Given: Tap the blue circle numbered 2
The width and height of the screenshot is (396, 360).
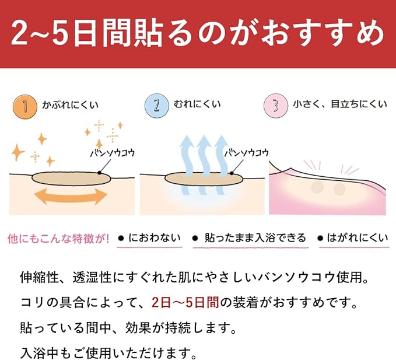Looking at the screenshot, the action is tap(156, 106).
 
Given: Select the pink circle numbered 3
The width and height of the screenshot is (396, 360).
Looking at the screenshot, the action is tap(276, 106).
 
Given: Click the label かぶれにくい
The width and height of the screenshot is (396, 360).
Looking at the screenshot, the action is tap(70, 105).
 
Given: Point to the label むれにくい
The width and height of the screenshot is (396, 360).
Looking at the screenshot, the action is tap(197, 104).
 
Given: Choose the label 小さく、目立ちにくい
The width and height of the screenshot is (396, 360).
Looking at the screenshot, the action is tap(340, 104).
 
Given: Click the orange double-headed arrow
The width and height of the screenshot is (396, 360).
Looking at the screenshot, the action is tap(71, 196).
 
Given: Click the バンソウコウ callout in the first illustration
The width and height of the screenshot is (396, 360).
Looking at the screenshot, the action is tap(113, 153).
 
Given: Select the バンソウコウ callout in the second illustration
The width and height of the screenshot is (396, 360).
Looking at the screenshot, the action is tap(247, 153).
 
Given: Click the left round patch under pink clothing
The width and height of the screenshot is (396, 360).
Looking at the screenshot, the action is tap(317, 188).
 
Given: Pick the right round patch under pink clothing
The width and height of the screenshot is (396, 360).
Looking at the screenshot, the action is tap(339, 189).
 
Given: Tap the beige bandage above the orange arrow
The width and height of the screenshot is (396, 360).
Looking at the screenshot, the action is tap(71, 179).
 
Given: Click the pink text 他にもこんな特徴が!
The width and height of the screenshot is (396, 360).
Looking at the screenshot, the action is tap(58, 238).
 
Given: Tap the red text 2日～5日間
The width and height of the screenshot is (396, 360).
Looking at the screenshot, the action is tap(185, 302).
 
